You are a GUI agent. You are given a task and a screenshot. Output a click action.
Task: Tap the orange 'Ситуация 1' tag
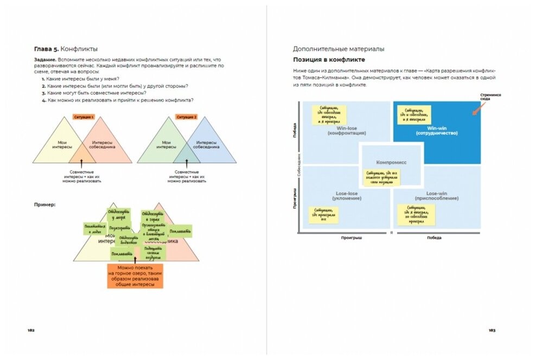[84, 117]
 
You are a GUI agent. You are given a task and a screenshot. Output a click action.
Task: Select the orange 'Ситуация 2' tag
[187, 117]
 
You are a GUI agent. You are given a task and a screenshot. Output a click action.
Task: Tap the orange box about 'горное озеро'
[135, 275]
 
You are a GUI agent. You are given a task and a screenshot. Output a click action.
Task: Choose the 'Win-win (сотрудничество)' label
[437, 131]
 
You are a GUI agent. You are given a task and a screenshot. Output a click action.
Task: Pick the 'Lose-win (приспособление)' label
[437, 196]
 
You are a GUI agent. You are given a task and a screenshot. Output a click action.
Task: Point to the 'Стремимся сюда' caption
[490, 97]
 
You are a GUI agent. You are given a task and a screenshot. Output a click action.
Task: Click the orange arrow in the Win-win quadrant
[476, 109]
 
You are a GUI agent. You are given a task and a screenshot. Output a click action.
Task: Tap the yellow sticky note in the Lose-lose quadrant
[323, 215]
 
